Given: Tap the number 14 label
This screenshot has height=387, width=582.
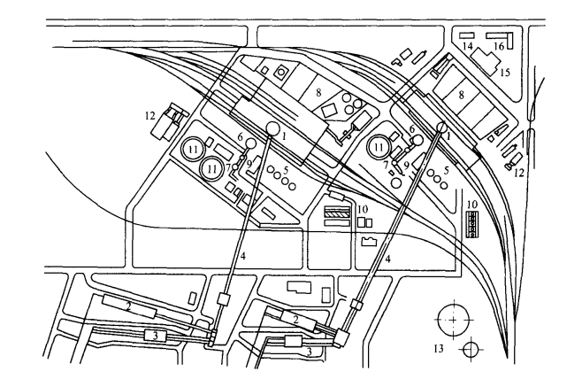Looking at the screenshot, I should coord(468,44).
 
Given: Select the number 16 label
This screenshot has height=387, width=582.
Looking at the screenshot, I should coord(500,45).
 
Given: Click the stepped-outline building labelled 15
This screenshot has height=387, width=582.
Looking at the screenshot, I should coord(486,58).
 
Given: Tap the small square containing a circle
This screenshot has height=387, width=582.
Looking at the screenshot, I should coord(282,72).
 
